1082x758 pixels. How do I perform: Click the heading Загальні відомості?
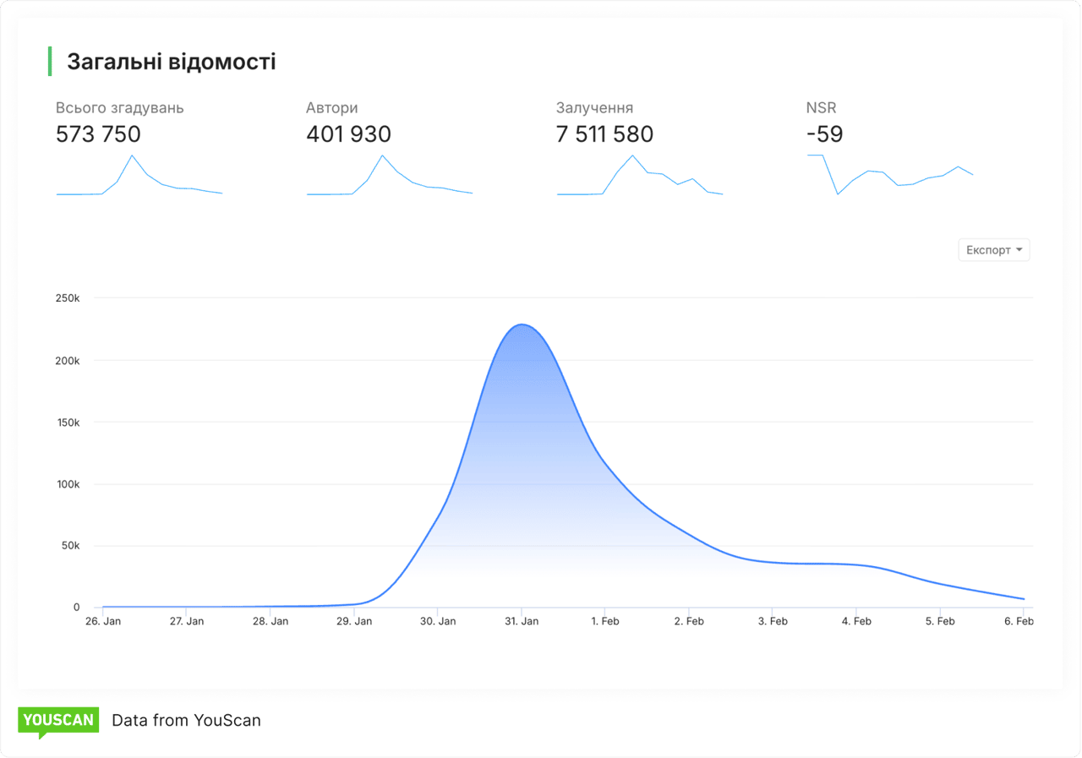[x=171, y=62]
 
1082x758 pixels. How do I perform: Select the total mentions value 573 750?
[x=98, y=134]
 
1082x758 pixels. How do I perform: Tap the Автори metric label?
[x=331, y=108]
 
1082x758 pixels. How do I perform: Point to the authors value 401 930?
[x=348, y=134]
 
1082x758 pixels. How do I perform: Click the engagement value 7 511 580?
[x=604, y=134]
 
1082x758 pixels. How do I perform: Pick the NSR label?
[x=821, y=108]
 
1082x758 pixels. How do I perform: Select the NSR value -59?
[x=824, y=134]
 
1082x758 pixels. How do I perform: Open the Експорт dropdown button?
[x=993, y=250]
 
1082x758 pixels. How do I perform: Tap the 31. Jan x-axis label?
[x=522, y=621]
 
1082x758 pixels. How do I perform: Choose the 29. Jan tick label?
[x=354, y=621]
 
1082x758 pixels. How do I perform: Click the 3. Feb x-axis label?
[x=773, y=621]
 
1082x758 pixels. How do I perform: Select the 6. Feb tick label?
[x=1019, y=621]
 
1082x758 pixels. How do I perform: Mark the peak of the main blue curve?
[x=522, y=324]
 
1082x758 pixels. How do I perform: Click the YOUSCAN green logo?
[x=58, y=721]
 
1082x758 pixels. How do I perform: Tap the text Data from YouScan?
[x=186, y=721]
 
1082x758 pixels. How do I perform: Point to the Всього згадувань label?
[x=119, y=108]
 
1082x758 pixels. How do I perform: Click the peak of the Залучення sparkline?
[x=632, y=155]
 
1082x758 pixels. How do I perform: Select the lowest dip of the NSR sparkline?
[x=838, y=194]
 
